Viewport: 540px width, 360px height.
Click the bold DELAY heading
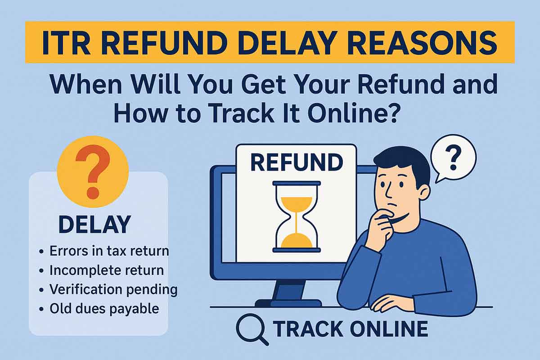coord(94,225)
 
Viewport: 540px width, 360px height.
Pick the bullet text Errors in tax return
coord(109,251)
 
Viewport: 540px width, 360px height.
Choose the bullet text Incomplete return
coord(106,270)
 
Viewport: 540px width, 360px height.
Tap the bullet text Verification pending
coord(113,289)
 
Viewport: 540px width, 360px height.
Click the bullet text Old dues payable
coord(104,309)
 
